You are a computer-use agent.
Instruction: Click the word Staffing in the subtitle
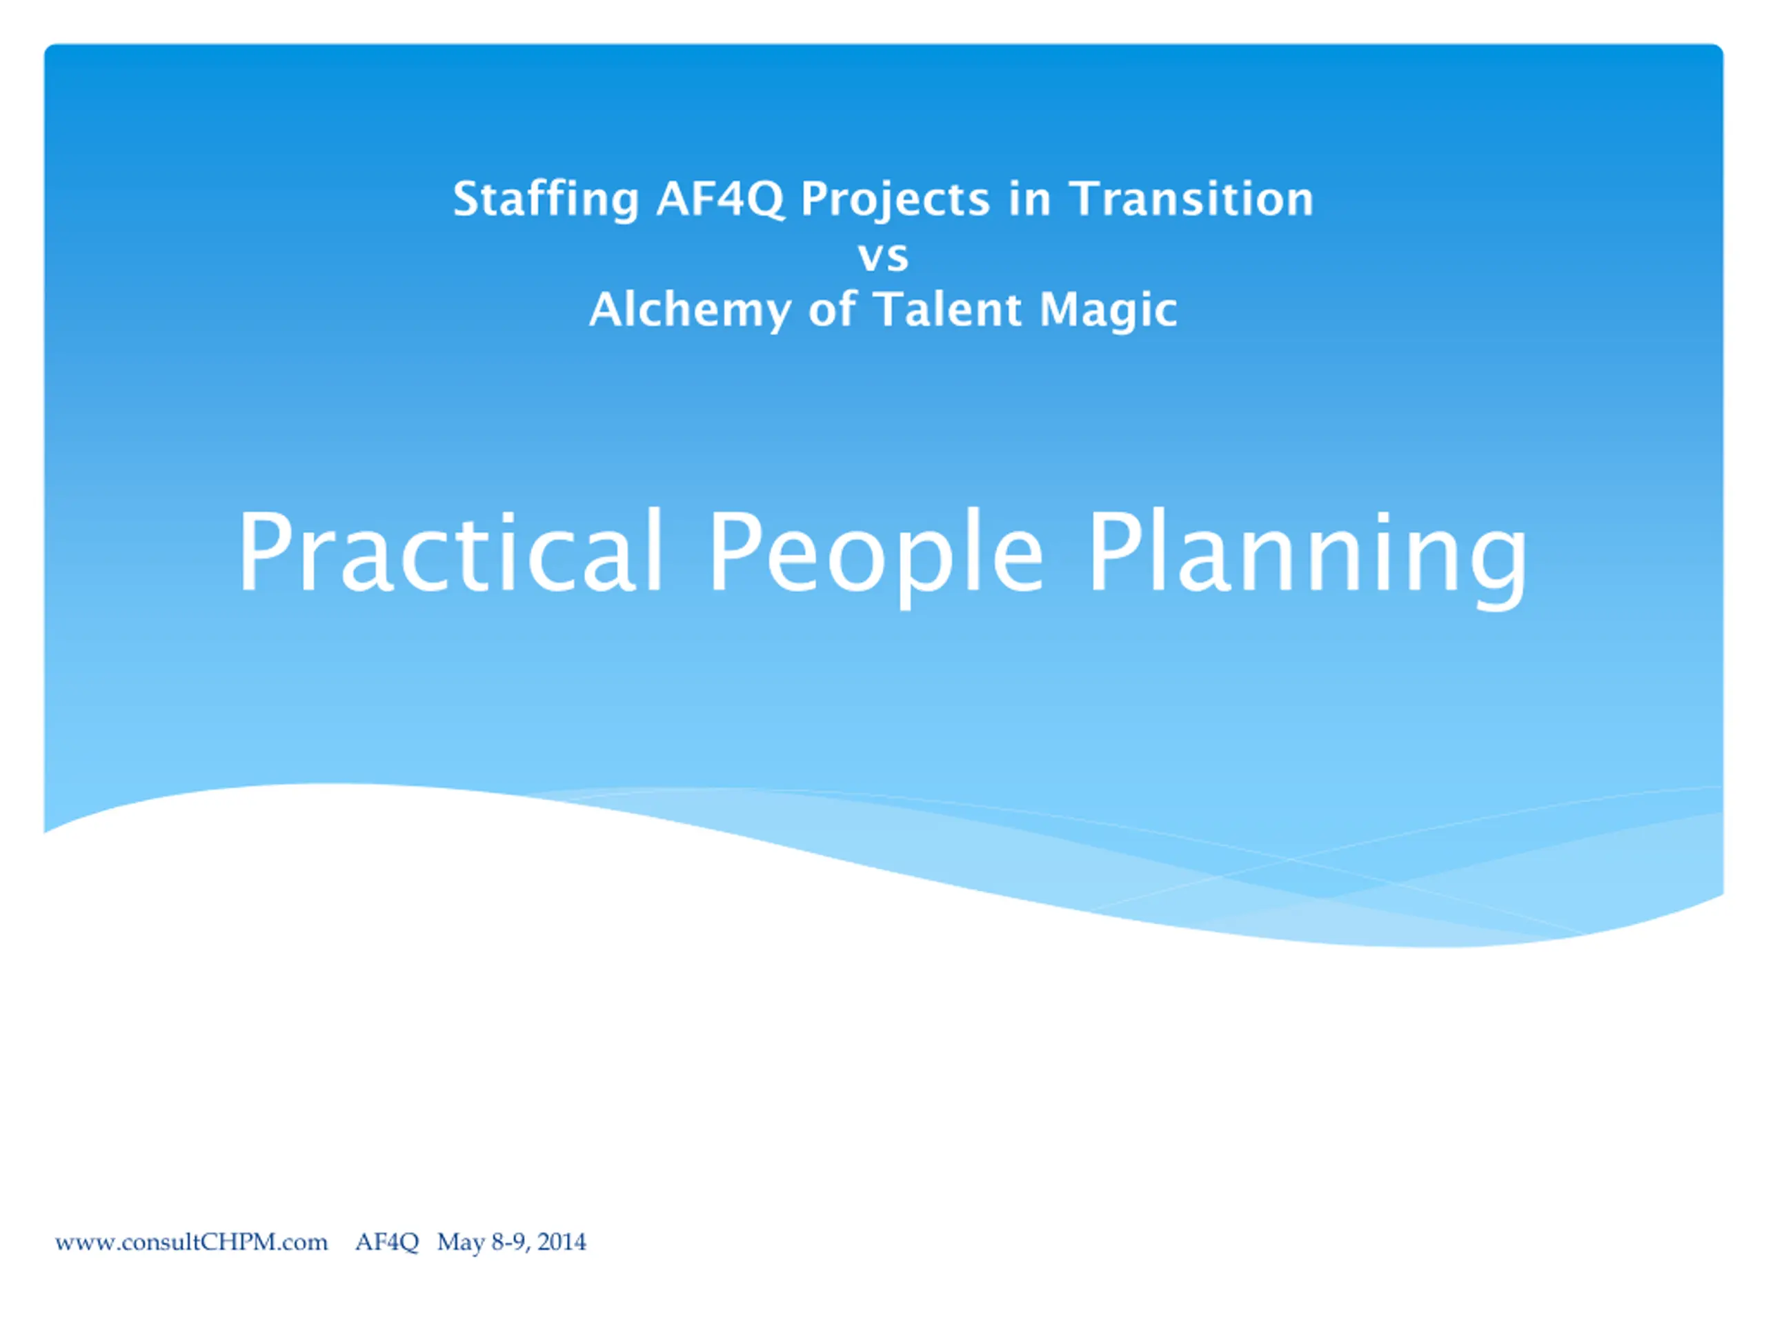pyautogui.click(x=546, y=199)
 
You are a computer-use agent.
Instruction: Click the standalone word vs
pyautogui.click(x=883, y=257)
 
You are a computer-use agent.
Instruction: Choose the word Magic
pyautogui.click(x=1108, y=310)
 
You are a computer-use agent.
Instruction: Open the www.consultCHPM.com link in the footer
pyautogui.click(x=192, y=1243)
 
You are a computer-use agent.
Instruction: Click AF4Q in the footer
pyautogui.click(x=387, y=1243)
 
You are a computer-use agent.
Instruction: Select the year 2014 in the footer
pyautogui.click(x=562, y=1243)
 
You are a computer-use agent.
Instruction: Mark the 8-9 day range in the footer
pyautogui.click(x=509, y=1243)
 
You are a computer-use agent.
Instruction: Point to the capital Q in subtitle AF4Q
pyautogui.click(x=765, y=200)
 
